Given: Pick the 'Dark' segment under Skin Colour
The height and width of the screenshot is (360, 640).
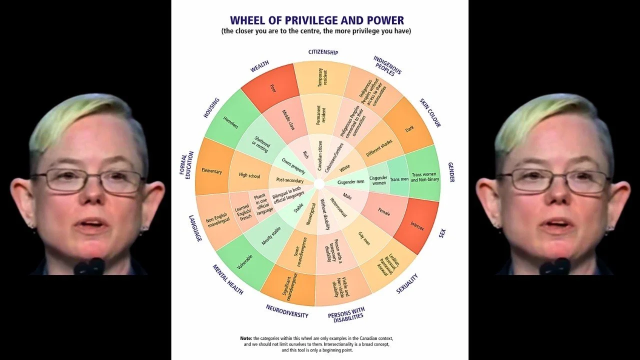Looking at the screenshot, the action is click(x=409, y=128).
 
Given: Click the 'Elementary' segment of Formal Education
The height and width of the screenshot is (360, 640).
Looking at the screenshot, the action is click(x=211, y=171).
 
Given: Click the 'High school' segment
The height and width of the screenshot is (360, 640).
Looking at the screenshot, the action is click(x=248, y=175).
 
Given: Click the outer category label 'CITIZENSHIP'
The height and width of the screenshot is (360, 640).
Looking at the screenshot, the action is click(x=323, y=52).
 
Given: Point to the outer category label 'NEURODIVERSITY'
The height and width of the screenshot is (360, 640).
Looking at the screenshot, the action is click(x=287, y=311).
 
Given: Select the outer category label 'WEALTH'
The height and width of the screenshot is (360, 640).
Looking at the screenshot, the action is click(x=260, y=66).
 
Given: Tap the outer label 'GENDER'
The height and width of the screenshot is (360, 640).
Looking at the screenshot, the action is click(x=451, y=172).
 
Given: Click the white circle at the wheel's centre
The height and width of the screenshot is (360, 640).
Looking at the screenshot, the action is click(x=319, y=183).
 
